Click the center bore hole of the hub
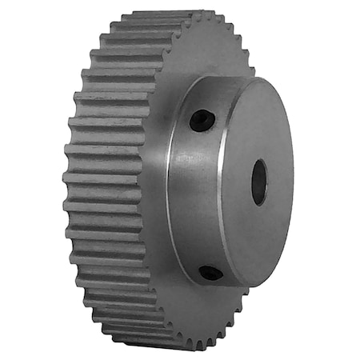(259, 182)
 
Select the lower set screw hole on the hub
(211, 273)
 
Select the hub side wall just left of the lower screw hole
(192, 264)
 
